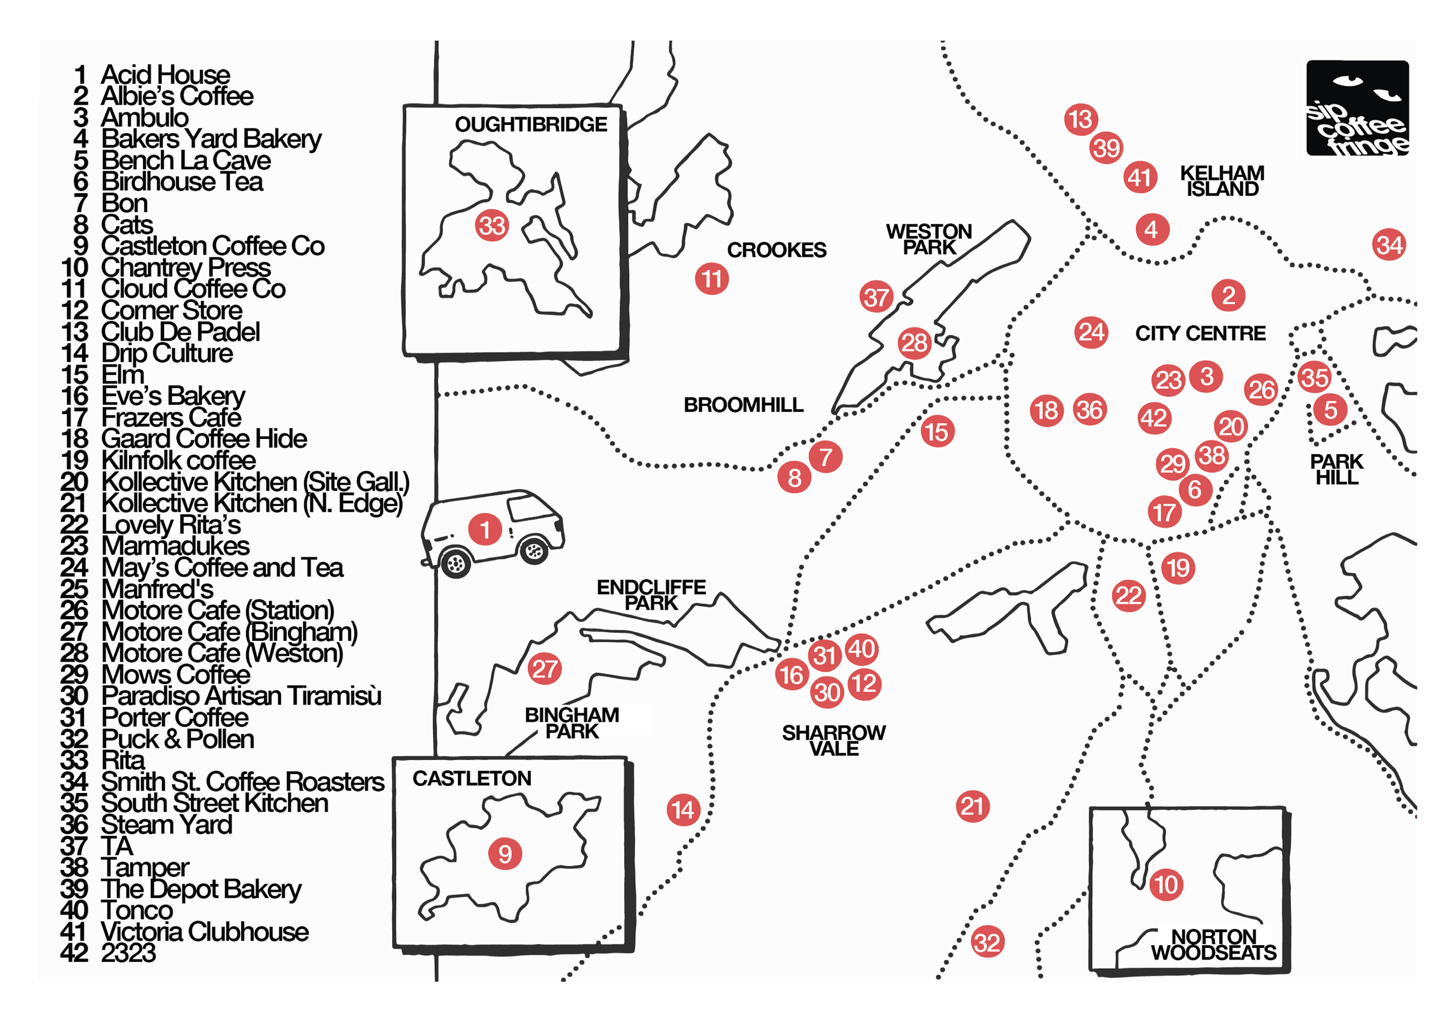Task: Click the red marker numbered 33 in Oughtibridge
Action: click(x=492, y=226)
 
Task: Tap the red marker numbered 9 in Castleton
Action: click(x=505, y=854)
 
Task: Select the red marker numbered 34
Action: click(x=1389, y=245)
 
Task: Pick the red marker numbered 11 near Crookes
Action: click(x=711, y=279)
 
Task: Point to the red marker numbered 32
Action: click(x=987, y=942)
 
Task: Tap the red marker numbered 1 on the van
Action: click(x=485, y=529)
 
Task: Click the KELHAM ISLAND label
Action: click(x=1222, y=180)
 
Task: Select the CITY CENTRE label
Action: click(x=1200, y=333)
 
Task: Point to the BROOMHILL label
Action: click(x=744, y=404)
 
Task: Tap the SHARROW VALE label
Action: click(x=834, y=740)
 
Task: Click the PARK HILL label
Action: click(x=1337, y=470)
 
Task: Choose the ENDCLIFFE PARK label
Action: click(x=651, y=595)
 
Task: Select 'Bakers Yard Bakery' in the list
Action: click(x=212, y=139)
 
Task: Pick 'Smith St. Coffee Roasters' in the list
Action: click(x=242, y=782)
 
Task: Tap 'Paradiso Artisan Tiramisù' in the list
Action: click(x=241, y=696)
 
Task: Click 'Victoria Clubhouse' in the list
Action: click(x=205, y=932)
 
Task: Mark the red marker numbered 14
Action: click(x=683, y=810)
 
